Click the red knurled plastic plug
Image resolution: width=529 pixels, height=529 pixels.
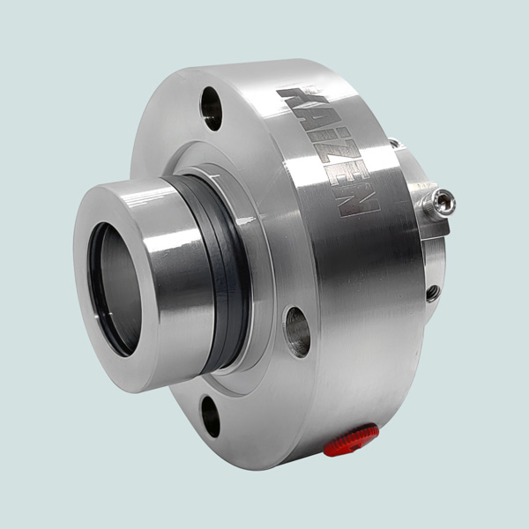351,439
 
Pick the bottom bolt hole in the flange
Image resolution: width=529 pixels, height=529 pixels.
210,415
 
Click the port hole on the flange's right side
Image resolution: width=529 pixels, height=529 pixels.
297,332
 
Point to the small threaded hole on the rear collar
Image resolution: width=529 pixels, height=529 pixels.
432,293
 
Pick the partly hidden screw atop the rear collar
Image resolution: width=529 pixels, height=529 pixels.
393,144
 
